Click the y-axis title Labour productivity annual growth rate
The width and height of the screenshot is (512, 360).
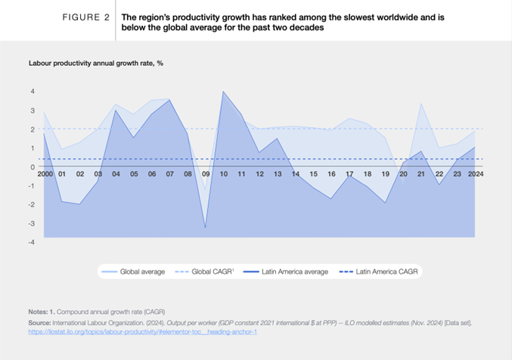[x=96, y=63]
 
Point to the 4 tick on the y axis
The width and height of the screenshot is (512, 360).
[x=33, y=92]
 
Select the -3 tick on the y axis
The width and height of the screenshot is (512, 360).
[x=31, y=224]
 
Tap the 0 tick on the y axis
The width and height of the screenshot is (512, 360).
[x=33, y=167]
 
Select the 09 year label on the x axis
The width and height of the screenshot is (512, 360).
[x=205, y=175]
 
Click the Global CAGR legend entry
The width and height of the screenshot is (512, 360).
[x=209, y=272]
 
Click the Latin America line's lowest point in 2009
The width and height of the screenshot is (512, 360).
[x=205, y=227]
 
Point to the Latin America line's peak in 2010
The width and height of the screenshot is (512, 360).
[x=223, y=92]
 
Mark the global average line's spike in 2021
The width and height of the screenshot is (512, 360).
[x=420, y=104]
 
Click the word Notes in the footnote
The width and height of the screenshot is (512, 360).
[x=39, y=312]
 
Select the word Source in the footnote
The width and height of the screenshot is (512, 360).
[x=40, y=321]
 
